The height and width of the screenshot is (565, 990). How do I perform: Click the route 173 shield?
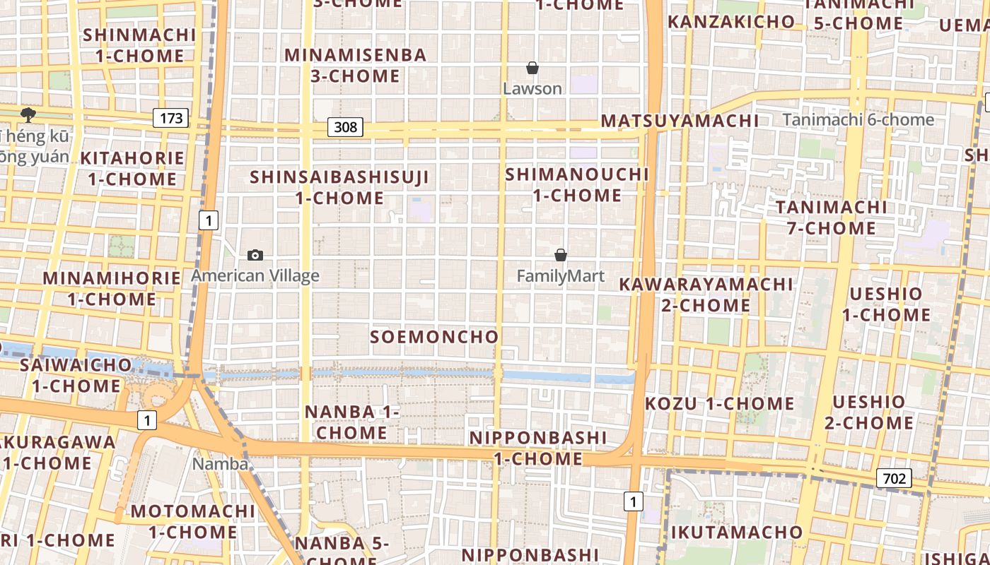pos(171,118)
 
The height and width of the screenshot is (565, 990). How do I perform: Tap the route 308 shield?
pos(345,127)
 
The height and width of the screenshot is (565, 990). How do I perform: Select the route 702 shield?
pos(894,479)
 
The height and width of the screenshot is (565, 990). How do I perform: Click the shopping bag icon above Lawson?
pos(532,69)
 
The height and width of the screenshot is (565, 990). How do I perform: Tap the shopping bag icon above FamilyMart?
pos(561,255)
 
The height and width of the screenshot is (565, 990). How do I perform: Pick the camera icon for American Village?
pos(255,255)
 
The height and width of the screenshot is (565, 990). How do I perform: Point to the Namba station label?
pos(221,464)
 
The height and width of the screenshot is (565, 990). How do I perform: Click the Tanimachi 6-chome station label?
pos(858,120)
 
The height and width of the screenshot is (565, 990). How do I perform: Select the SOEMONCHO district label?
pos(434,337)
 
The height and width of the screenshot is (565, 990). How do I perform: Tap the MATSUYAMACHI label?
pos(680,121)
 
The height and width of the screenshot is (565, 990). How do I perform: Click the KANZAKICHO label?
pos(731,22)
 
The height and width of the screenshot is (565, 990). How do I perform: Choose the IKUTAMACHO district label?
pos(736,532)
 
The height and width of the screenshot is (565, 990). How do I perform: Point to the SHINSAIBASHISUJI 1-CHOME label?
pos(340,187)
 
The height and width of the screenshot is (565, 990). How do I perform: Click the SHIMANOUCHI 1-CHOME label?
pos(577,184)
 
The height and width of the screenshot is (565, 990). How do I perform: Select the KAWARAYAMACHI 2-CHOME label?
pos(706,295)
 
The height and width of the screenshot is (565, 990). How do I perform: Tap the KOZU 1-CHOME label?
pos(719,404)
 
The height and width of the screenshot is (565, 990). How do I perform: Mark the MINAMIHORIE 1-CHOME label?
pos(112,288)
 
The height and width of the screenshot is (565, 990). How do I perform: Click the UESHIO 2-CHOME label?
pos(868,412)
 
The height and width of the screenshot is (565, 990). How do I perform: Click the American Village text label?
pos(255,276)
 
